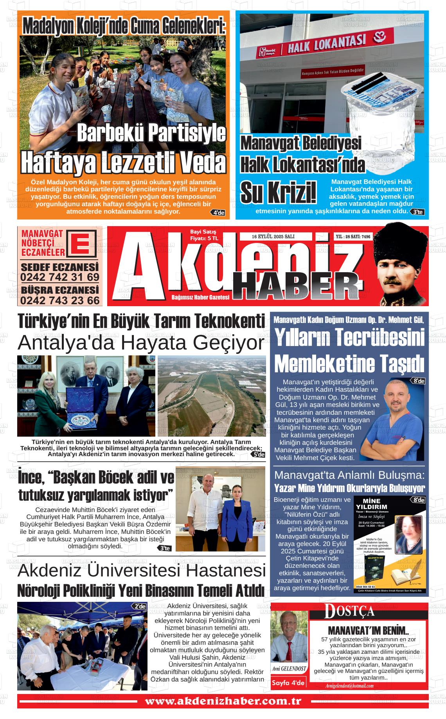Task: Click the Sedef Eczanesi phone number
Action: [60, 277]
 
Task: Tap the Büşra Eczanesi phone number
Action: [60, 300]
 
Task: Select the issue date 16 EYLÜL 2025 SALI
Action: [273, 237]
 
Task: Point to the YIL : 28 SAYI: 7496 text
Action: [353, 237]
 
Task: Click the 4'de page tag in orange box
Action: [218, 213]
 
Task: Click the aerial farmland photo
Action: [211, 395]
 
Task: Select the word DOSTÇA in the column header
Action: [349, 611]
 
